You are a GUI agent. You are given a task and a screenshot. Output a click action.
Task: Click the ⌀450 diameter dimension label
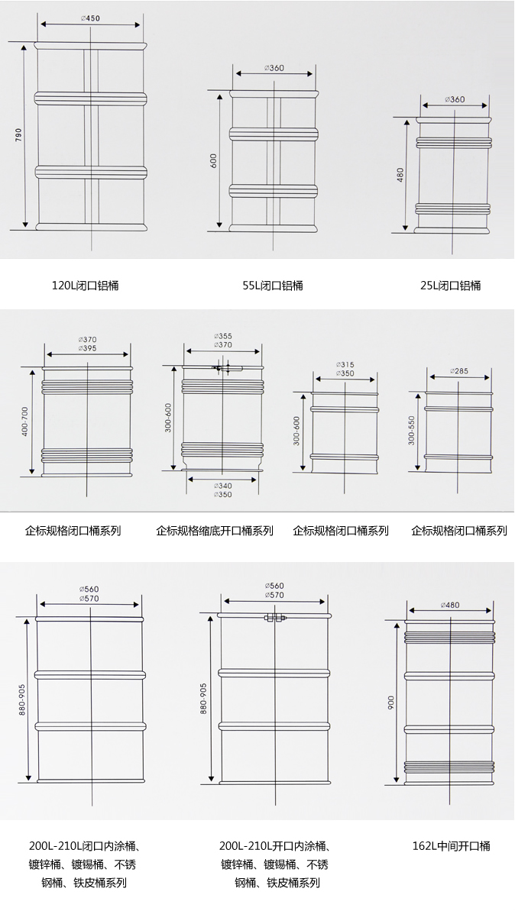(x=90, y=18)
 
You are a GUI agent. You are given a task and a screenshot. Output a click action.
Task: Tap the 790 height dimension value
(x=18, y=136)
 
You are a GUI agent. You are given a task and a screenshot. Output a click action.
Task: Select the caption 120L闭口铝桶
(x=86, y=286)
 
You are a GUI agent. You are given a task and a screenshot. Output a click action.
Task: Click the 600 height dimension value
(x=213, y=161)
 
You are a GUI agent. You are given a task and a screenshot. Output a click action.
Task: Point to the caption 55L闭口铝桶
(x=273, y=286)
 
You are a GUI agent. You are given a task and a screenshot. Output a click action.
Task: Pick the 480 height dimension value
(x=400, y=175)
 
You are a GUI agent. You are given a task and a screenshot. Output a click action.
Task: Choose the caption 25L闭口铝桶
(x=451, y=286)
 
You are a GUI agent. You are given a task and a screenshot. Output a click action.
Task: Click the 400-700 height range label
(x=25, y=422)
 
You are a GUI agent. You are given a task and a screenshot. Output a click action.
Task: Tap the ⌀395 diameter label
(x=87, y=349)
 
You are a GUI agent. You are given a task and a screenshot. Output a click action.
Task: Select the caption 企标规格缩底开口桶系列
(x=215, y=531)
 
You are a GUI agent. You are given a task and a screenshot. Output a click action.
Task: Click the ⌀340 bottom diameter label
(x=222, y=486)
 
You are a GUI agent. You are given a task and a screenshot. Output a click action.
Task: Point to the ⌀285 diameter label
(x=459, y=370)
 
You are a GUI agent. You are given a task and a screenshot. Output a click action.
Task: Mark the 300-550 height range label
(x=412, y=431)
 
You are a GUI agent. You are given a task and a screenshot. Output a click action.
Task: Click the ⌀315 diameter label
(x=345, y=365)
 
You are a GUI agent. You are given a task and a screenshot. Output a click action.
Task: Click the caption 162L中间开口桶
(x=451, y=846)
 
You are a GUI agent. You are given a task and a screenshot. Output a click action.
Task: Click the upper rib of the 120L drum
(x=90, y=97)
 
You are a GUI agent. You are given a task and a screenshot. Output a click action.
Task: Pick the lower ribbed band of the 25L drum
(x=453, y=208)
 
